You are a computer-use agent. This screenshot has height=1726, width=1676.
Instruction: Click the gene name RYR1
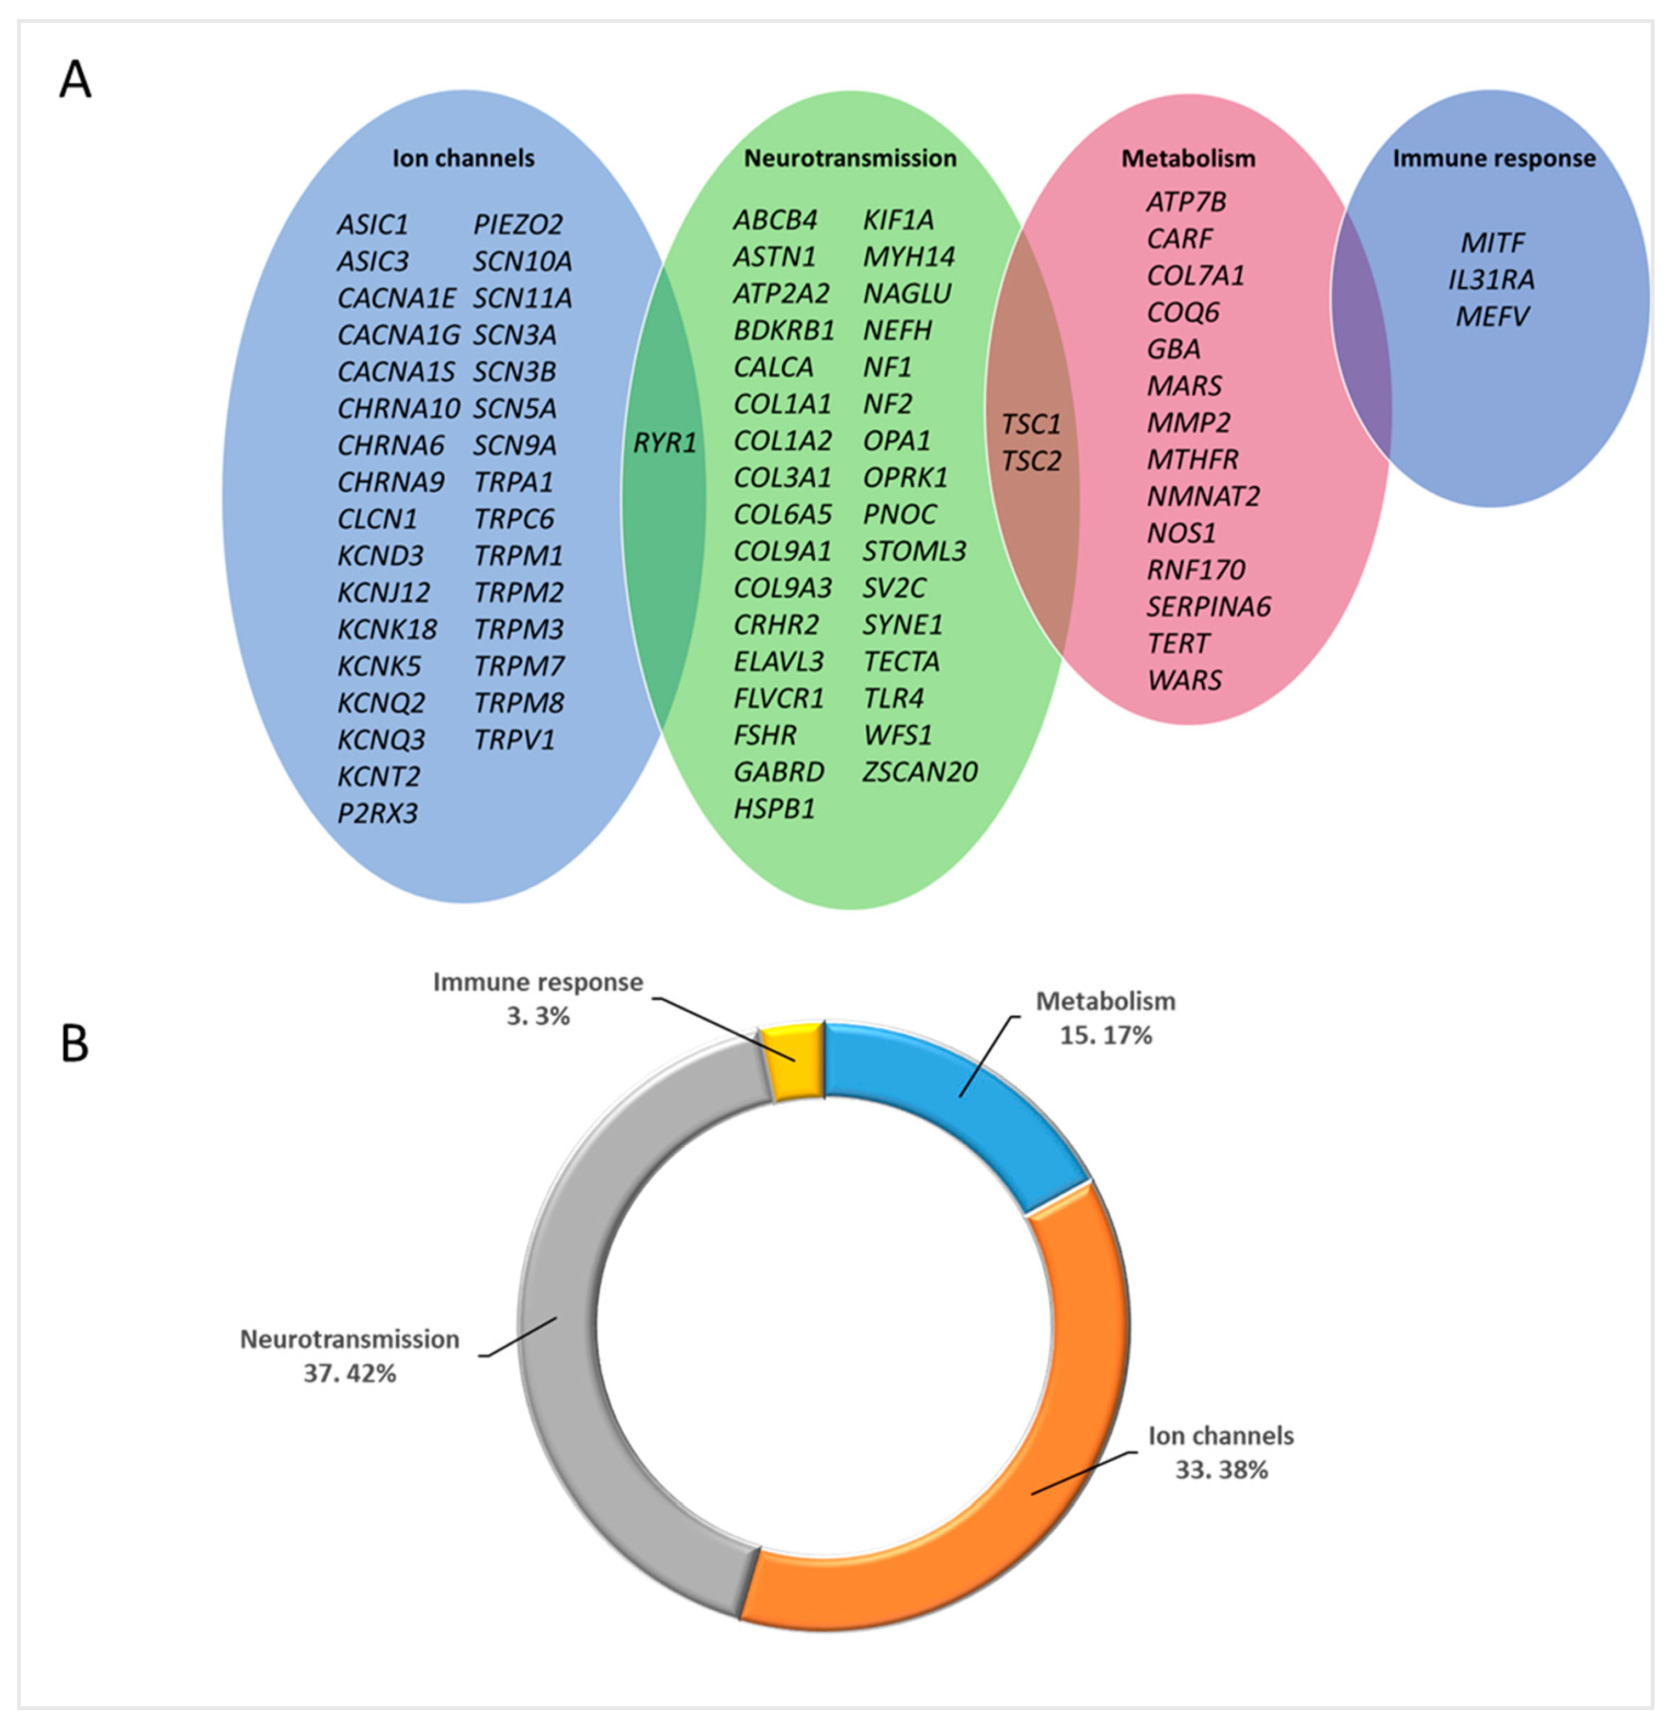pos(665,442)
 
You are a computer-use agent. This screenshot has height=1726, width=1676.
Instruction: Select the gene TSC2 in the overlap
pos(1031,460)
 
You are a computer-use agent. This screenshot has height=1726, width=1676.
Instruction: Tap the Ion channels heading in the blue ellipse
pos(463,158)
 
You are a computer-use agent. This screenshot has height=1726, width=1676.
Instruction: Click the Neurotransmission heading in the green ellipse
pos(850,158)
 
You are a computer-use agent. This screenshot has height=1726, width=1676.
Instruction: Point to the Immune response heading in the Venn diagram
pos(1493,158)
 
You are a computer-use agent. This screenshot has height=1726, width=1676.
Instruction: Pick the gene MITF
pos(1493,242)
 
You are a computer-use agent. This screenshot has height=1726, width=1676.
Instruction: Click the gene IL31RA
pos(1492,279)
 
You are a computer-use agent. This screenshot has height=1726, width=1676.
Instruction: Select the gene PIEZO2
pos(518,225)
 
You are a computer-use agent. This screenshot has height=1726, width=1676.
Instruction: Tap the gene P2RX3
pos(378,813)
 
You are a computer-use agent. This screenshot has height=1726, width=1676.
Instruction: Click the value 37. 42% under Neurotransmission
pos(350,1373)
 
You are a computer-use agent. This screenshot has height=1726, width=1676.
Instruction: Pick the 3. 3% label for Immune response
pos(538,1016)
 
